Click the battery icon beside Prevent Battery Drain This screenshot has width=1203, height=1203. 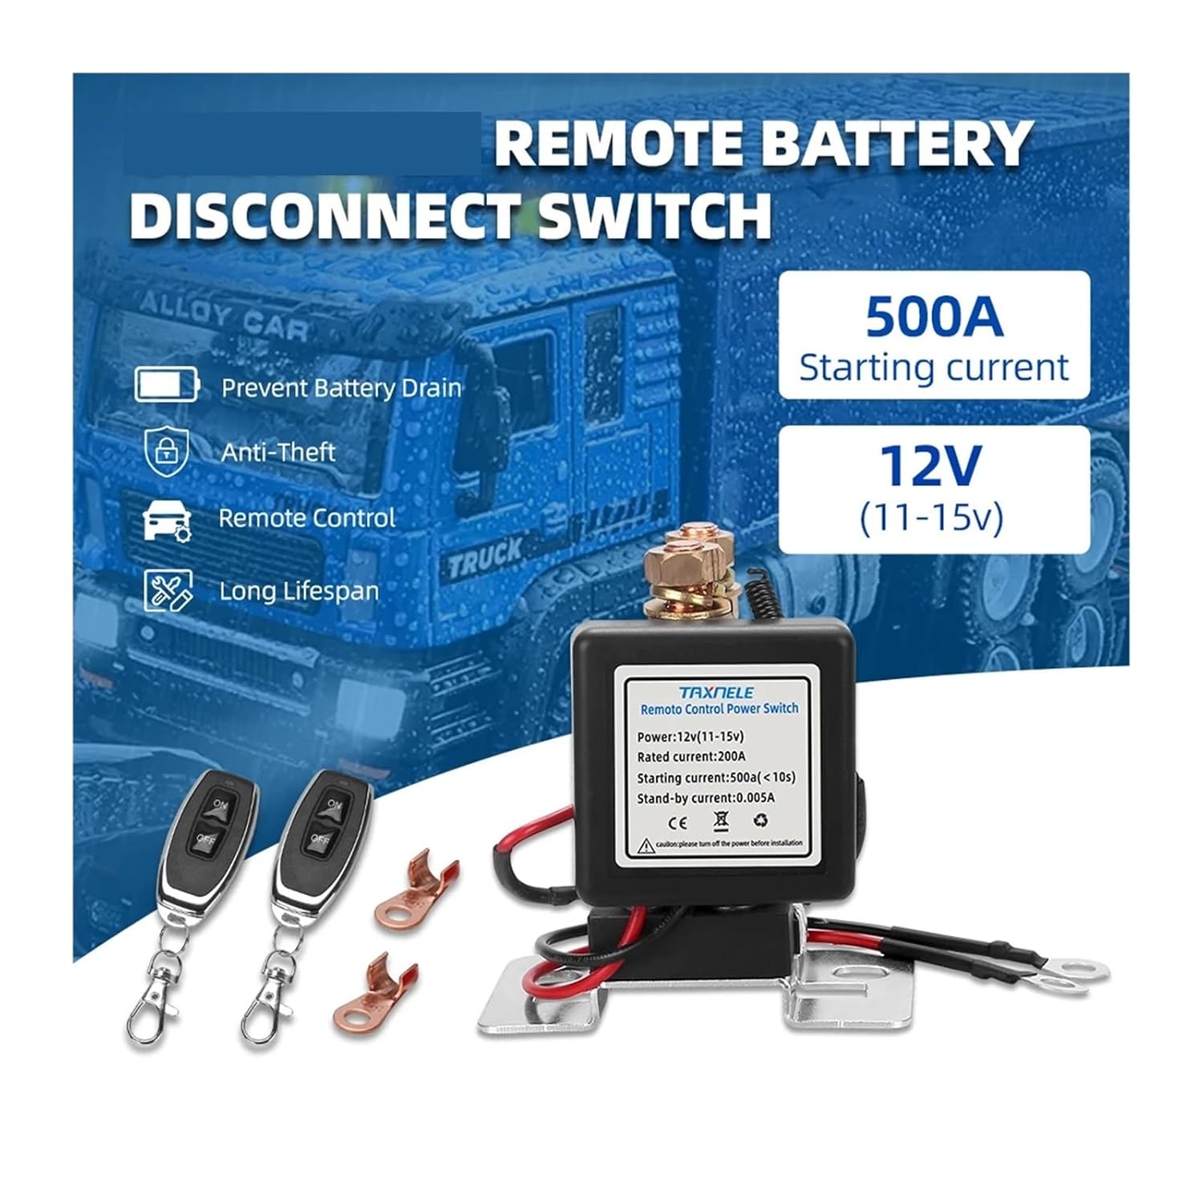166,385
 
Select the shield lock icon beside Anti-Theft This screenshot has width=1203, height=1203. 165,451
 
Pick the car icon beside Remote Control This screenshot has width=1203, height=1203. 166,520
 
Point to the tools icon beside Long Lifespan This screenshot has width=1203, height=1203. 167,590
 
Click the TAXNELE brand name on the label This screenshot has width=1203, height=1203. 716,692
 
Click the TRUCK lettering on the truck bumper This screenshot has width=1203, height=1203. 484,558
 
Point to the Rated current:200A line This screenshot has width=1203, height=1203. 691,756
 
